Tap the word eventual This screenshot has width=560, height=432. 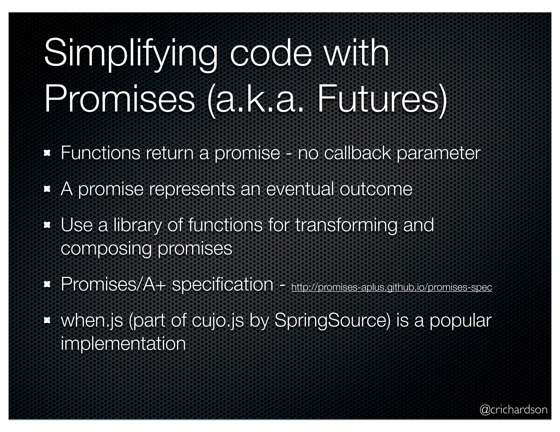(x=300, y=189)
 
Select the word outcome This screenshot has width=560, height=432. (x=376, y=189)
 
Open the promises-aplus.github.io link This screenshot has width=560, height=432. (x=391, y=287)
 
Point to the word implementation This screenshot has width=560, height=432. (x=123, y=344)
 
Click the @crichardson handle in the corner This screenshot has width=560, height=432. (x=513, y=410)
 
